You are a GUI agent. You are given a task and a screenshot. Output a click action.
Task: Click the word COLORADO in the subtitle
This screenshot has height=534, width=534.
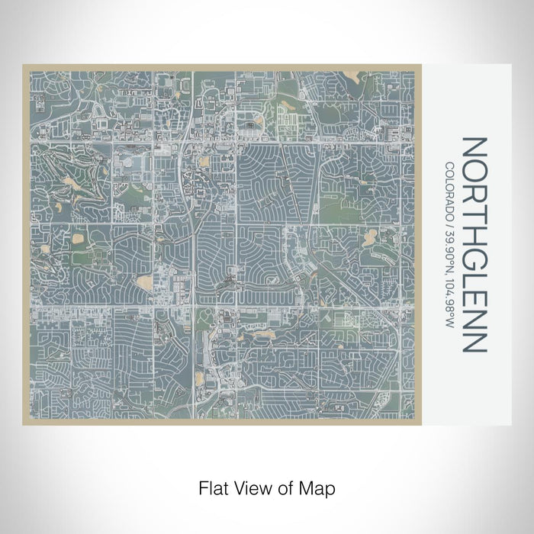(x=450, y=191)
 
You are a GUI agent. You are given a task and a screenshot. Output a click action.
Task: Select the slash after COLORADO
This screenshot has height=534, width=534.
(x=450, y=222)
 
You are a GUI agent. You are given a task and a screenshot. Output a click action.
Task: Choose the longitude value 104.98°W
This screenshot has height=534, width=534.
(x=450, y=294)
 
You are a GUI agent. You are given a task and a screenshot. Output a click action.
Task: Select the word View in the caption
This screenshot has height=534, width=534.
(x=253, y=486)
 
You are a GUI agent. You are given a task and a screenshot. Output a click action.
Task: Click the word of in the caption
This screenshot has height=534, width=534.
(x=286, y=486)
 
